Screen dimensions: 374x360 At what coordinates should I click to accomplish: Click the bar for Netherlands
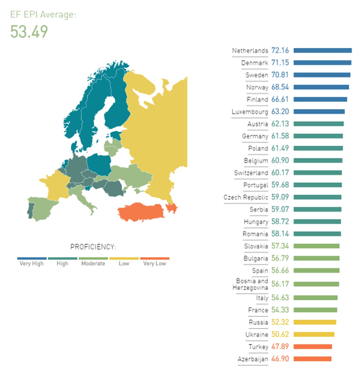[x=322, y=51]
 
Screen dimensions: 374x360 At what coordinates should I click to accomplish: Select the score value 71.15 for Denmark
[x=280, y=63]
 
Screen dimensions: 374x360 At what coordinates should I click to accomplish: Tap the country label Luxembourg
[x=250, y=112]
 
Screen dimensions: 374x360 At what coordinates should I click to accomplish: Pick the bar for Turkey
[x=313, y=347]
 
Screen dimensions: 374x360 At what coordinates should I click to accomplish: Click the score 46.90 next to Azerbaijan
[x=280, y=359]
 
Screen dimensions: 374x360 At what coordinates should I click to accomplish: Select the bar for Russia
[x=315, y=322]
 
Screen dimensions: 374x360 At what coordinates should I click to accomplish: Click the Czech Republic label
[x=246, y=197]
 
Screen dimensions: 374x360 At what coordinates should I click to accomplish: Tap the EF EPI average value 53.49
[x=29, y=32]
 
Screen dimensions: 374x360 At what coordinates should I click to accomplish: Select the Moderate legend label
[x=93, y=263]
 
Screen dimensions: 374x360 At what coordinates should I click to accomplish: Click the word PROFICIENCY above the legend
[x=93, y=247]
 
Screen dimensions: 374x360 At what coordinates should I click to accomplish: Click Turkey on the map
[x=141, y=212]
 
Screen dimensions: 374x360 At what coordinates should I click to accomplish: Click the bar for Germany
[x=318, y=136]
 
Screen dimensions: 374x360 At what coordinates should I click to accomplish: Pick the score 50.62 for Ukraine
[x=280, y=334]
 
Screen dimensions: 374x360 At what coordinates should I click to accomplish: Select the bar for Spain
[x=316, y=271]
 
